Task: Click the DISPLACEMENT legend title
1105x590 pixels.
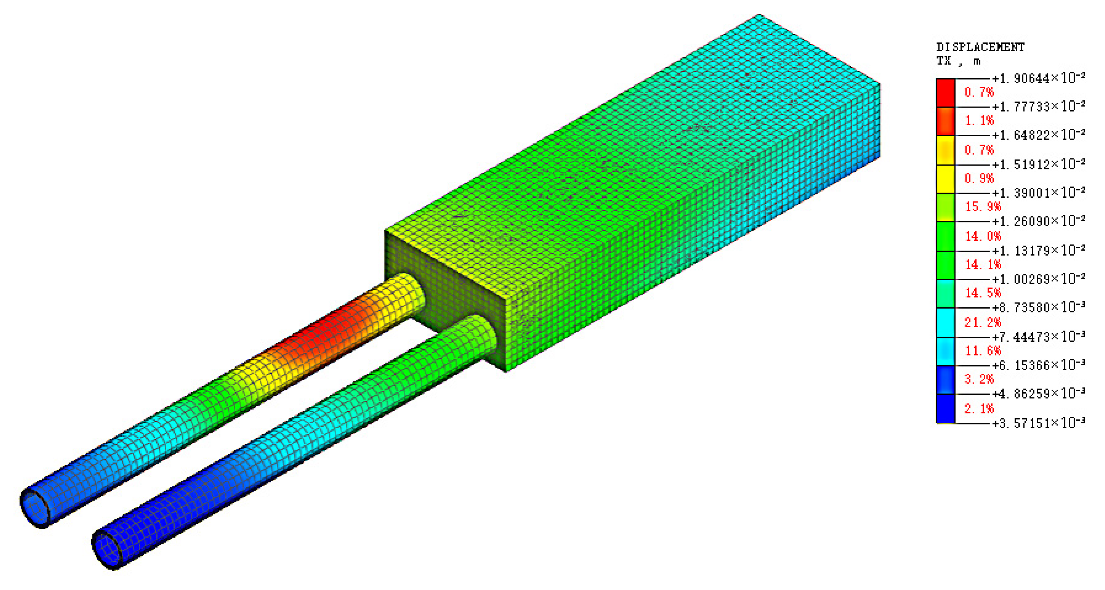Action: pos(980,47)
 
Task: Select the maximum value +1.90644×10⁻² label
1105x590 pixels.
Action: pos(1038,78)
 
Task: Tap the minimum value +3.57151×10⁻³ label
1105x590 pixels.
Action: pos(1038,423)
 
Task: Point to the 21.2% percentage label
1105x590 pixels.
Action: pos(983,322)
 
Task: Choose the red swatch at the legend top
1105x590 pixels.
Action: pos(946,93)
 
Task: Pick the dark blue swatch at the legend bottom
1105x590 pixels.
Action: pos(946,408)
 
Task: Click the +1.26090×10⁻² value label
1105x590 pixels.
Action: pos(1038,221)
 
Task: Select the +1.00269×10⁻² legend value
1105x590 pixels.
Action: pos(1038,279)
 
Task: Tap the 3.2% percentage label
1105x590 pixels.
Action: pos(979,379)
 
